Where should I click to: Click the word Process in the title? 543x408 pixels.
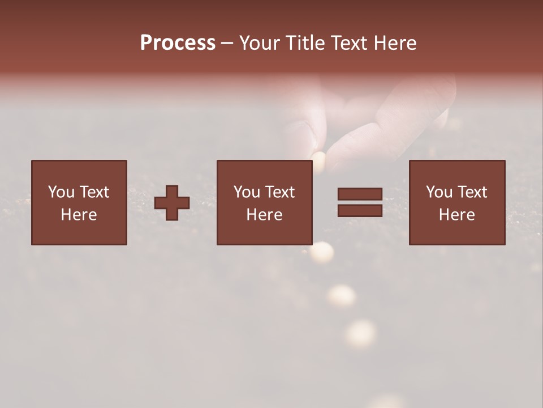178,43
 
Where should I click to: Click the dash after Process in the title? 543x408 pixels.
227,44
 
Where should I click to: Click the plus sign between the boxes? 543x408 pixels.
172,203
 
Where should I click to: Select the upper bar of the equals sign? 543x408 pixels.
360,194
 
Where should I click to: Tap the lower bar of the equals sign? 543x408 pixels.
360,210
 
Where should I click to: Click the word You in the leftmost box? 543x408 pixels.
61,192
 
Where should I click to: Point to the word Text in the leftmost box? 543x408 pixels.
94,192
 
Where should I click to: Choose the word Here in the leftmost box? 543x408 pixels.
79,215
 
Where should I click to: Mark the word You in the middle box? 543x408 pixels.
247,192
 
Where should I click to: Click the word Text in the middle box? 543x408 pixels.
279,192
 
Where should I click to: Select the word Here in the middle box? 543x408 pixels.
264,215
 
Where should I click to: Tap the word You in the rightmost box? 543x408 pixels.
439,192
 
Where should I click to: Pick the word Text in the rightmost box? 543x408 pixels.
472,192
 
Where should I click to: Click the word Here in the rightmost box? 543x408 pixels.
456,215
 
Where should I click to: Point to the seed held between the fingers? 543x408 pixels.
319,160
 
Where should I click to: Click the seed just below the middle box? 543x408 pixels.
322,252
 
